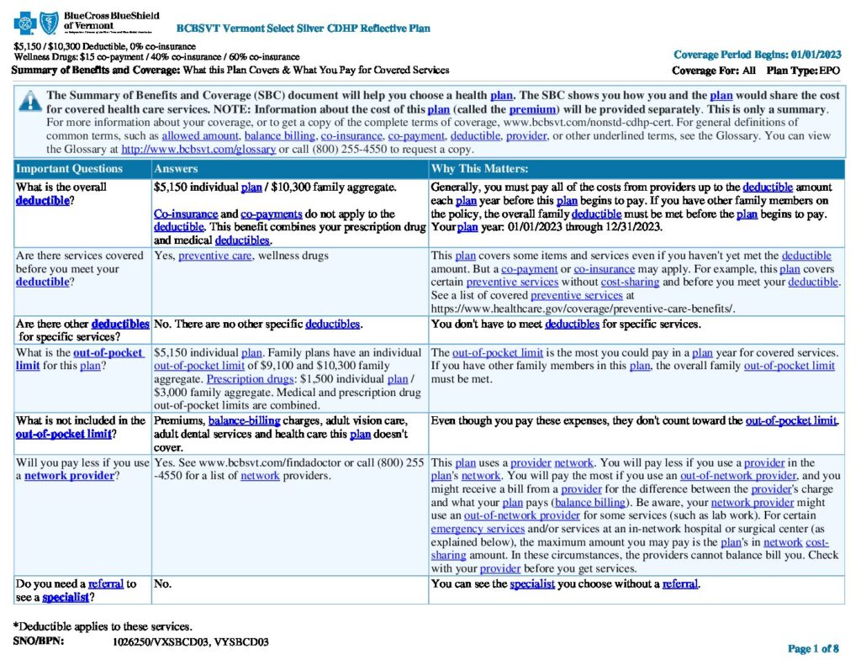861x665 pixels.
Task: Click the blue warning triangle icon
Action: (29, 100)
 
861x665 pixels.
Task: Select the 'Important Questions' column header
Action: (69, 169)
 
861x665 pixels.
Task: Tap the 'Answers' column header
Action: (177, 169)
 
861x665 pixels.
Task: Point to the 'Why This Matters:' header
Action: (479, 169)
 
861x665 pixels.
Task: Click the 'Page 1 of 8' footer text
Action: (812, 648)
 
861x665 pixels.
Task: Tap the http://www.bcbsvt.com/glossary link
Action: (198, 149)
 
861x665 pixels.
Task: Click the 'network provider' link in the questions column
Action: (69, 476)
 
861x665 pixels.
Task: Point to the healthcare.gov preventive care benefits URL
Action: (583, 309)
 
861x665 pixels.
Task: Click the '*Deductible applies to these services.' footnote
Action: (103, 626)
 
